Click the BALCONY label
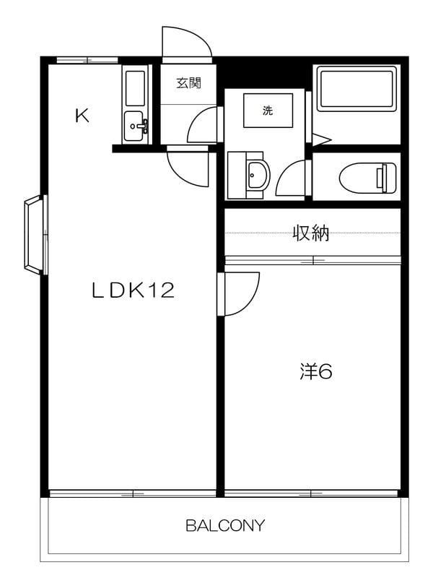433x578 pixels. [x=225, y=525]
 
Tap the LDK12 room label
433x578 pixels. [x=133, y=290]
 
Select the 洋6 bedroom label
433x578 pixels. [x=316, y=371]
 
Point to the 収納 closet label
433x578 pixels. [x=310, y=233]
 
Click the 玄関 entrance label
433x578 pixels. [x=188, y=83]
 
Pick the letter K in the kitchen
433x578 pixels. [x=82, y=116]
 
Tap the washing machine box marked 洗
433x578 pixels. [x=268, y=111]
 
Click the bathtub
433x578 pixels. [x=357, y=87]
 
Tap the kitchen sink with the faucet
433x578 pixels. [x=136, y=126]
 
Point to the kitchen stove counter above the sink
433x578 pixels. [x=136, y=87]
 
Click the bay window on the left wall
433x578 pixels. [x=35, y=235]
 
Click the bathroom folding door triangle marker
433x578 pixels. [x=321, y=139]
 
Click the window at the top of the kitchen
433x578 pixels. [x=87, y=61]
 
